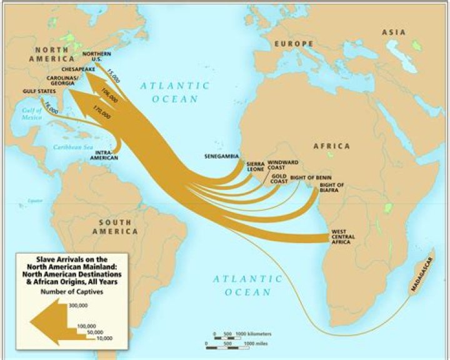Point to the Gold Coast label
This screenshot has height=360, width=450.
click(x=278, y=179)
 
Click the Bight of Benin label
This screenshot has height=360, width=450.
click(x=311, y=178)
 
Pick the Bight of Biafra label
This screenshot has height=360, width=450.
click(x=331, y=187)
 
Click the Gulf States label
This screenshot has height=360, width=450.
click(x=36, y=91)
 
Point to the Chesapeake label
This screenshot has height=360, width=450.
click(x=77, y=68)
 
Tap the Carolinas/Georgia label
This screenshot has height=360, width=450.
click(x=63, y=82)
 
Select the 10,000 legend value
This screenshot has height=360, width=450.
click(x=104, y=338)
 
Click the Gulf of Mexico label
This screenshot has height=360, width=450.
click(x=31, y=117)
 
